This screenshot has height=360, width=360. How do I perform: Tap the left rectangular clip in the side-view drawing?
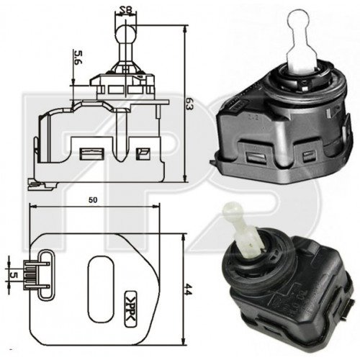coord(91,153)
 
